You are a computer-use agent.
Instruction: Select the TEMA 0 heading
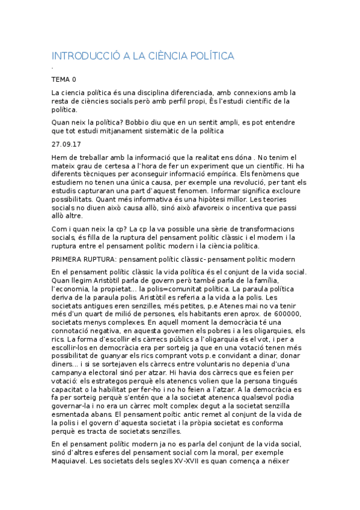point(64,79)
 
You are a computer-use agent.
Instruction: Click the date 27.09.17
point(66,144)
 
